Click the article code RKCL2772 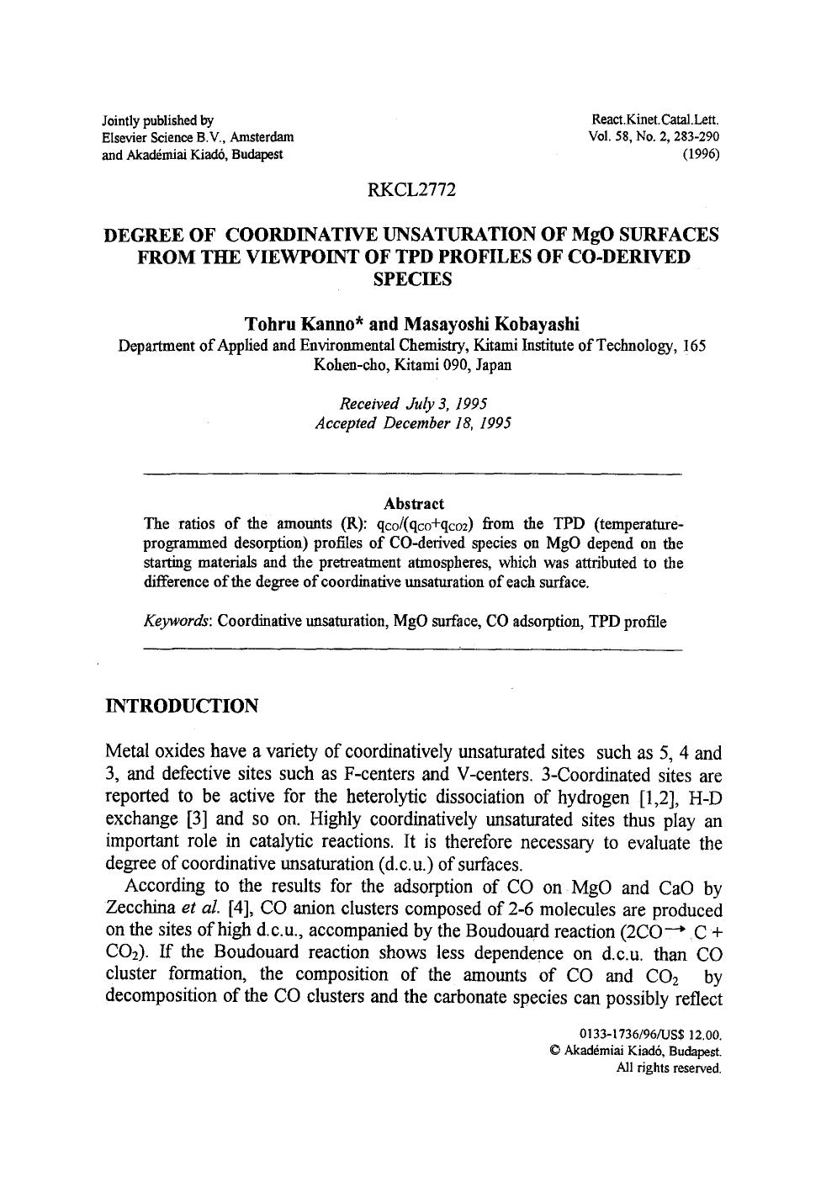tap(411, 191)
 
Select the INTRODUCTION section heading tap(181, 706)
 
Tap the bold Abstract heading tap(413, 504)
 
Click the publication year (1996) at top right tap(702, 155)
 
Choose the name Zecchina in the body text tap(140, 909)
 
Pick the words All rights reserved tap(669, 1068)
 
